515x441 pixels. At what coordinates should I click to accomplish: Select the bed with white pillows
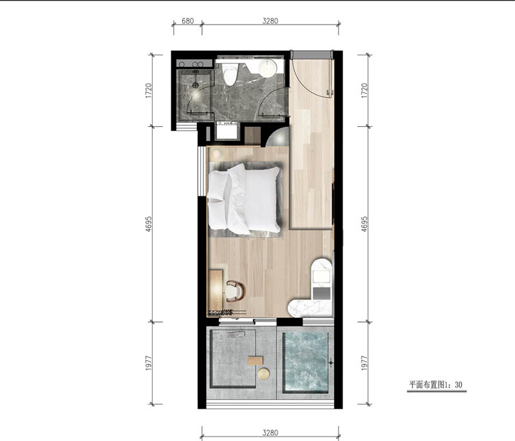click(x=244, y=199)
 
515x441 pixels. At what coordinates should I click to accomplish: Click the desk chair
click(x=236, y=291)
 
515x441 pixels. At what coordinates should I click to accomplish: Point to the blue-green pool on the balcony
click(x=306, y=362)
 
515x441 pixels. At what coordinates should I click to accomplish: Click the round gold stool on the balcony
click(x=264, y=373)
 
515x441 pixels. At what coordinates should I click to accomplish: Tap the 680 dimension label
click(x=187, y=21)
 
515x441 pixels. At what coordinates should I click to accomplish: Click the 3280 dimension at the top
click(x=270, y=21)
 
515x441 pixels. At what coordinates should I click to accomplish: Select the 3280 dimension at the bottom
click(x=270, y=433)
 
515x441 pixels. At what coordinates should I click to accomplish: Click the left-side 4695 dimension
click(x=149, y=224)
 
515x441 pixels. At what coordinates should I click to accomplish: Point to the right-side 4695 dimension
click(x=364, y=224)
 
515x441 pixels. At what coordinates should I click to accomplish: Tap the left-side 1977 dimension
click(x=149, y=363)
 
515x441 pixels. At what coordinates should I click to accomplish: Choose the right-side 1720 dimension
click(x=364, y=91)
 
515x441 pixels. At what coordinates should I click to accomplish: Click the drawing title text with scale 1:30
click(x=436, y=384)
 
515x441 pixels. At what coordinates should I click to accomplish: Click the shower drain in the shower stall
click(x=196, y=85)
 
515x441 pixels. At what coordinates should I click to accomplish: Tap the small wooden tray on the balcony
click(x=255, y=361)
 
